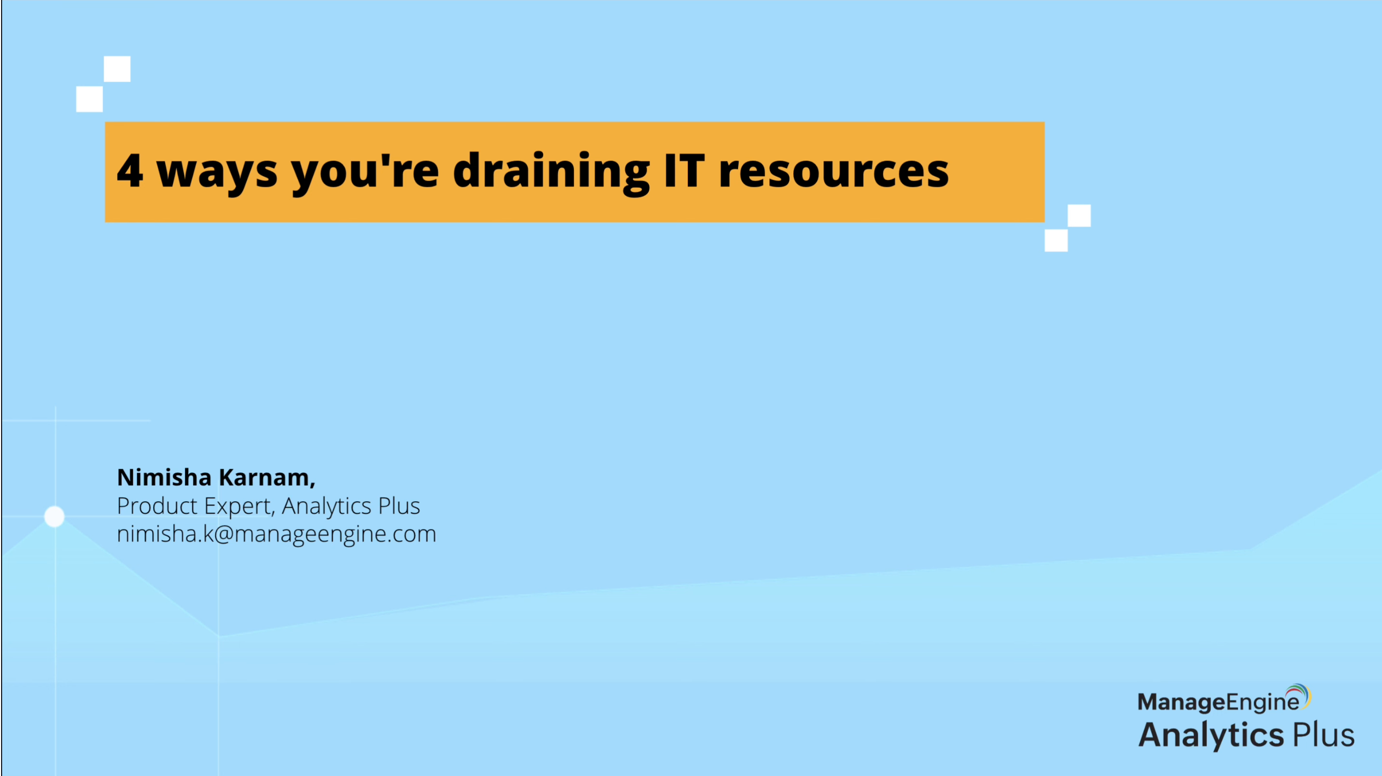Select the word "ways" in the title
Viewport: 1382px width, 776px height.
click(x=217, y=175)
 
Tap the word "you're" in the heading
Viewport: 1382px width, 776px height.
click(x=365, y=172)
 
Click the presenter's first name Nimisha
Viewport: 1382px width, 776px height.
click(x=164, y=477)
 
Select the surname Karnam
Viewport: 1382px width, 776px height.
click(x=267, y=478)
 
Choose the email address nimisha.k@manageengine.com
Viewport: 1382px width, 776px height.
click(x=276, y=534)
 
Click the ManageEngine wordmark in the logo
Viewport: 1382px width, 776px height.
click(x=1218, y=702)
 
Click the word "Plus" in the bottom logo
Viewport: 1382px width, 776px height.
click(x=1323, y=734)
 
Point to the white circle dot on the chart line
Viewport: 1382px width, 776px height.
click(x=54, y=516)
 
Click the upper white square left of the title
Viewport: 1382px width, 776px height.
click(x=117, y=69)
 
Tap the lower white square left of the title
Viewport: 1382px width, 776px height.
click(x=89, y=99)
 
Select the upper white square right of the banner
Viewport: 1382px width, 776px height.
click(x=1079, y=216)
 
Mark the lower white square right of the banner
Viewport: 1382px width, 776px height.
click(x=1056, y=241)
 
